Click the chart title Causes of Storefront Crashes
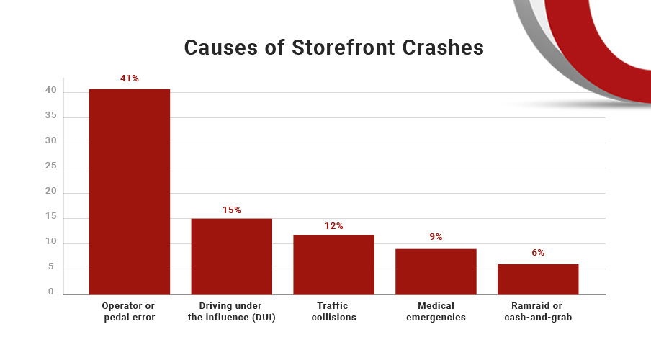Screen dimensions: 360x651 pyautogui.click(x=333, y=48)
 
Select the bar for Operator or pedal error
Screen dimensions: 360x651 pyautogui.click(x=130, y=192)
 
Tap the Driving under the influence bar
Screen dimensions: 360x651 pyautogui.click(x=231, y=256)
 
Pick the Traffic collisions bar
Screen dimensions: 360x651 pyautogui.click(x=333, y=264)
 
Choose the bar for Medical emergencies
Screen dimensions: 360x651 pyautogui.click(x=436, y=271)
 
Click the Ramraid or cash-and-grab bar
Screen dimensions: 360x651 pyautogui.click(x=538, y=279)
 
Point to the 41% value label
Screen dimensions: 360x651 pyautogui.click(x=130, y=78)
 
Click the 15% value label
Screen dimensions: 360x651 pyautogui.click(x=231, y=210)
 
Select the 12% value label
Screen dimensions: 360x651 pyautogui.click(x=333, y=226)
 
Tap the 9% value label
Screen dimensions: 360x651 pyautogui.click(x=436, y=236)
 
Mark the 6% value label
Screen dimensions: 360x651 pyautogui.click(x=538, y=253)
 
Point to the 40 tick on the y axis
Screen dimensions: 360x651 pyautogui.click(x=50, y=91)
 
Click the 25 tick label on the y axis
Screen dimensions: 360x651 pyautogui.click(x=50, y=167)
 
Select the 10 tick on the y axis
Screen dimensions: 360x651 pyautogui.click(x=50, y=243)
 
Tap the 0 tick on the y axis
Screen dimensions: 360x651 pyautogui.click(x=52, y=292)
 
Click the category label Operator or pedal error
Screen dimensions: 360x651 pyautogui.click(x=130, y=311)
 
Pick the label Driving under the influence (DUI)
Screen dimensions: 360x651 pyautogui.click(x=231, y=311)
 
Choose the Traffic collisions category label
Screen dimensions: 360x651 pyautogui.click(x=333, y=311)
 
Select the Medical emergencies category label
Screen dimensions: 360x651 pyautogui.click(x=436, y=311)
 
